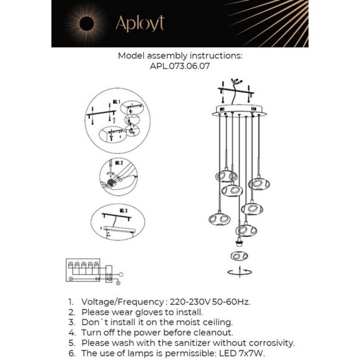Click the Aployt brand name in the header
click(140, 24)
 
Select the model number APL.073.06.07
click(179, 66)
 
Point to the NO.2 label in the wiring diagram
click(118, 163)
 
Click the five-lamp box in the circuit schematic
click(83, 268)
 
